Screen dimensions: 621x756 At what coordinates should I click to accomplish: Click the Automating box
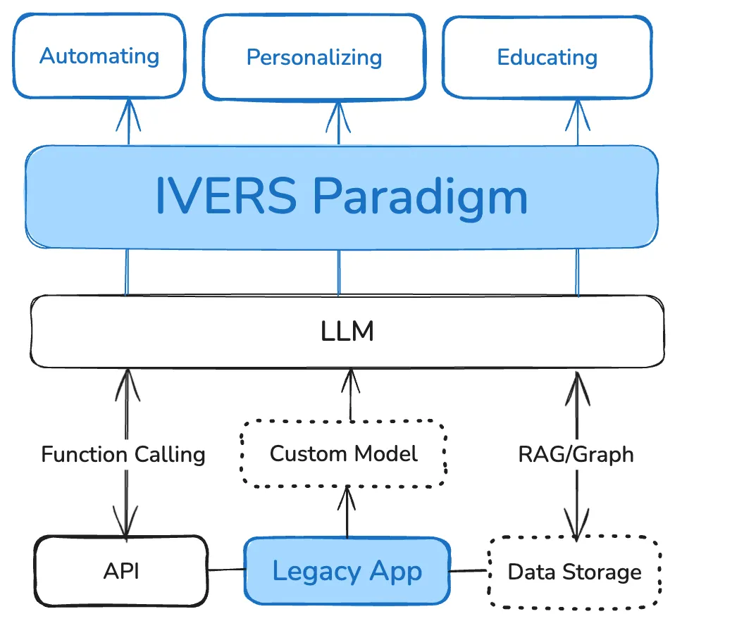click(x=99, y=56)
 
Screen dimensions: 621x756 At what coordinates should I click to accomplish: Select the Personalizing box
click(x=314, y=58)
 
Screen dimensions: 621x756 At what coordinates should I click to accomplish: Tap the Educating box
click(x=547, y=58)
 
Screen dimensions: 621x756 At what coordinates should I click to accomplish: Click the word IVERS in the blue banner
click(x=225, y=196)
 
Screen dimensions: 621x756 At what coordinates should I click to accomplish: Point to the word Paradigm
click(x=420, y=196)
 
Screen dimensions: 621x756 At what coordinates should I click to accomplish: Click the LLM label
click(x=347, y=332)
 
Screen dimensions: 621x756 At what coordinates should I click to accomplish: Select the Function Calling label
click(x=123, y=454)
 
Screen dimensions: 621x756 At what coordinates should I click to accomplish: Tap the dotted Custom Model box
click(x=344, y=453)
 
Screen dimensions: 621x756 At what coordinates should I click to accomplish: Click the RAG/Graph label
click(x=576, y=454)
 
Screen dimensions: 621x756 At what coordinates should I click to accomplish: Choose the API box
click(x=121, y=571)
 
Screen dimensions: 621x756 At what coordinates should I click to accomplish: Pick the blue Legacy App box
click(x=347, y=571)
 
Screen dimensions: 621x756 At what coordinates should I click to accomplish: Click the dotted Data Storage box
click(x=574, y=572)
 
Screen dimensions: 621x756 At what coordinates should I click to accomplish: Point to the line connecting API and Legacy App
click(x=226, y=570)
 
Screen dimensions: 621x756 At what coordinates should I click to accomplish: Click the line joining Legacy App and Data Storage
click(x=468, y=570)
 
